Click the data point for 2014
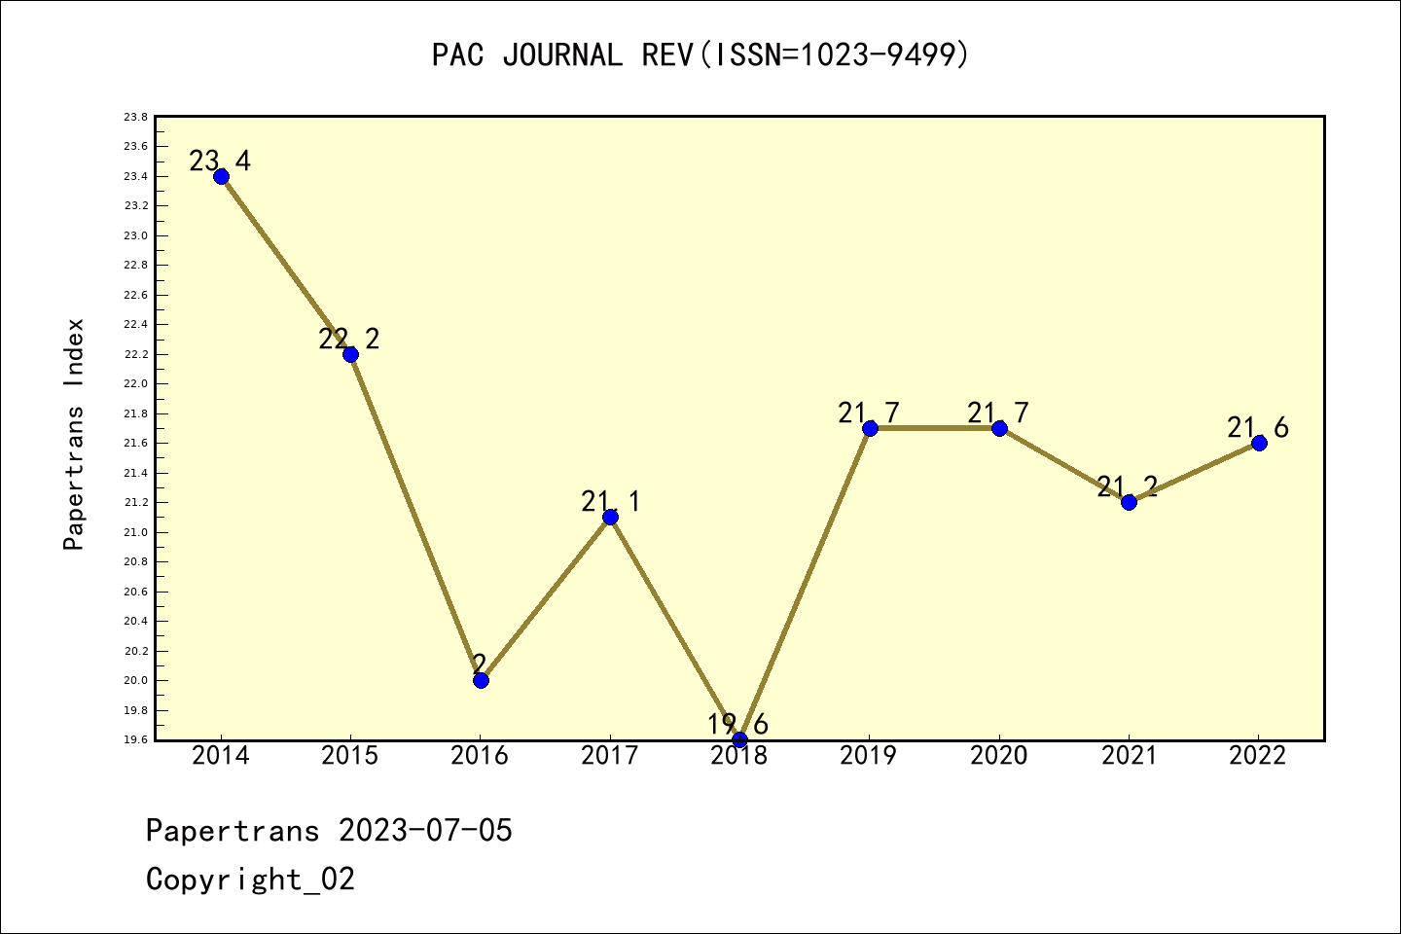(221, 176)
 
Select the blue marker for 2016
(481, 680)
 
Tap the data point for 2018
(739, 739)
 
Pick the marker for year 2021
(1129, 502)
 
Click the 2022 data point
(1259, 443)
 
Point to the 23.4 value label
(220, 161)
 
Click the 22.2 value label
(349, 339)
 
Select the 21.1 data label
(610, 501)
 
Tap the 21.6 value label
(1258, 427)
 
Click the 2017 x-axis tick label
(610, 756)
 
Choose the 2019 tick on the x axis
(869, 756)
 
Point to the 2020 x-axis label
(999, 756)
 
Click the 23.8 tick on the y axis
(135, 117)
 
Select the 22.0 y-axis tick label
(135, 384)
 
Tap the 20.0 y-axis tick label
(135, 680)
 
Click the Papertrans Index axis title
(74, 434)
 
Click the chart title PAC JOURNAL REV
(700, 54)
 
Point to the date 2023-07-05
(425, 831)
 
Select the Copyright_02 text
(250, 880)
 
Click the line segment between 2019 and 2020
(934, 428)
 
